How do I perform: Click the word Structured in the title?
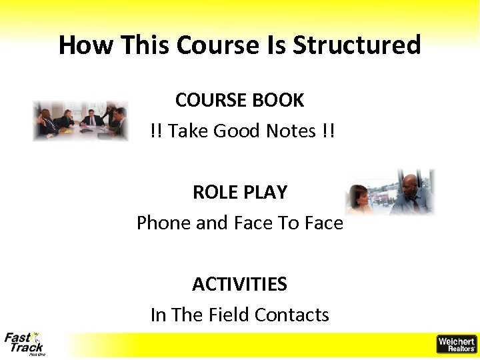pyautogui.click(x=357, y=45)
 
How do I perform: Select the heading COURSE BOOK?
pyautogui.click(x=239, y=101)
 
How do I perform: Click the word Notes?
pyautogui.click(x=291, y=131)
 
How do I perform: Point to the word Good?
pyautogui.click(x=237, y=131)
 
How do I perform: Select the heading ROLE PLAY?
pyautogui.click(x=239, y=193)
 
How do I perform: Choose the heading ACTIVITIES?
pyautogui.click(x=239, y=285)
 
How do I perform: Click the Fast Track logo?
pyautogui.click(x=25, y=343)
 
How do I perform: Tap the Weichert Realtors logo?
pyautogui.click(x=456, y=344)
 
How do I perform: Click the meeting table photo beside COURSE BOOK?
pyautogui.click(x=81, y=121)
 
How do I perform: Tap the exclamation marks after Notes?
pyautogui.click(x=327, y=131)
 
